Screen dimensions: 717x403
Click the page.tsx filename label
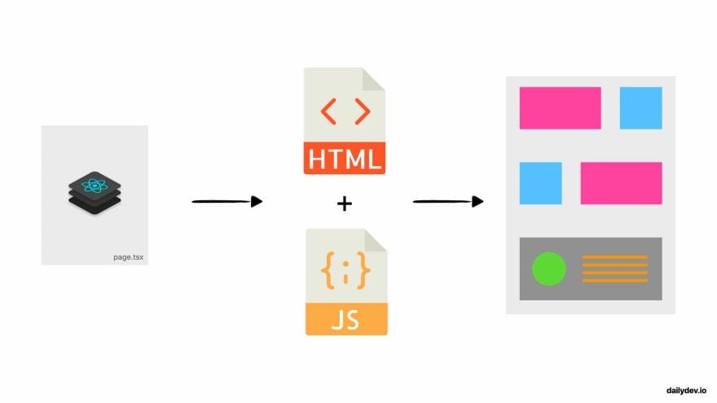129,257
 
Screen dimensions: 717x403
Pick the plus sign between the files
345,203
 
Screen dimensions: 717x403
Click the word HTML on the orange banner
345,158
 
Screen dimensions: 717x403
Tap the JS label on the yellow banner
345,319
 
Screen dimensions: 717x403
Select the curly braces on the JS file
345,271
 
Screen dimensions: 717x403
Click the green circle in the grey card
548,269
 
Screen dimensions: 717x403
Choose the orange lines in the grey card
614,269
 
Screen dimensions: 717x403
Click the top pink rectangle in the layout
560,107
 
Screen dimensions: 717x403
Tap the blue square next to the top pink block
640,107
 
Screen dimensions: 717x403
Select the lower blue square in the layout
540,183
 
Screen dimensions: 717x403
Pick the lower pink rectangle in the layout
621,183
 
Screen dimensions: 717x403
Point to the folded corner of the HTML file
375,79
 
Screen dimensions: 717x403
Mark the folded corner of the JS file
376,241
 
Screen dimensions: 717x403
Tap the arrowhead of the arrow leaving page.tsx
257,201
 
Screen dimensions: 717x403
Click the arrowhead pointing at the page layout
478,201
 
